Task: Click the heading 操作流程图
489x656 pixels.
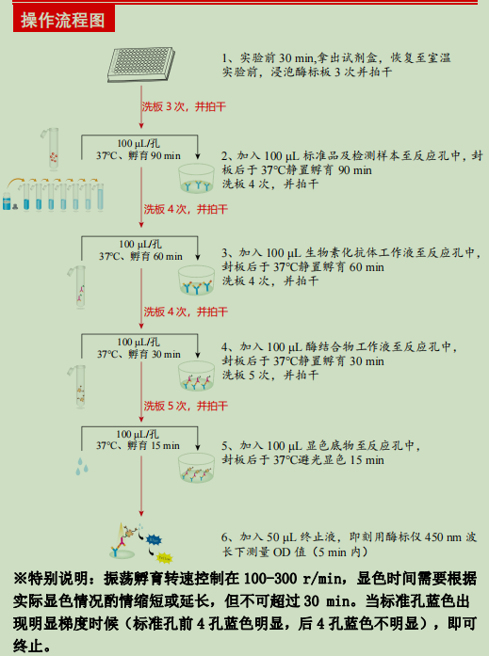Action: point(63,20)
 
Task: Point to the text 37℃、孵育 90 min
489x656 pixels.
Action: point(138,155)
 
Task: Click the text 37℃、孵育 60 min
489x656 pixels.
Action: point(139,255)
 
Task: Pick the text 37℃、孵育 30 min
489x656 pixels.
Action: point(139,354)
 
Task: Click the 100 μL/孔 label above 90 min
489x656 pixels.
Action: point(139,142)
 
